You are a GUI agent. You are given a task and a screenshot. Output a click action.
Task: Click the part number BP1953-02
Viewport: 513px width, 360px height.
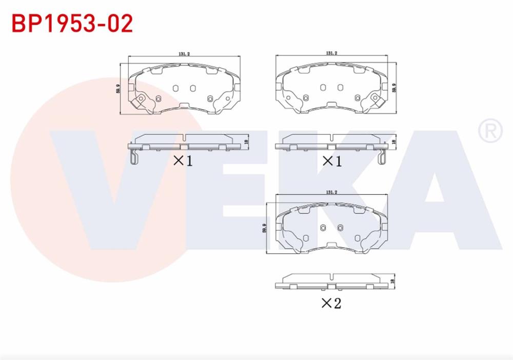click(72, 23)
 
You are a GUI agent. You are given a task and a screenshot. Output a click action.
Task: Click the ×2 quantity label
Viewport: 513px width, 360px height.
click(331, 303)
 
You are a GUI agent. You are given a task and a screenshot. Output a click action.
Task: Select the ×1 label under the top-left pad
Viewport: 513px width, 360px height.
click(183, 161)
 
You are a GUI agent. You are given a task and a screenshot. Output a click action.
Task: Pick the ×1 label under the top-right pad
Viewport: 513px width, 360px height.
click(331, 161)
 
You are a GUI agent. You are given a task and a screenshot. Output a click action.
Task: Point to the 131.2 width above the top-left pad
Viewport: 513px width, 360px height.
click(184, 53)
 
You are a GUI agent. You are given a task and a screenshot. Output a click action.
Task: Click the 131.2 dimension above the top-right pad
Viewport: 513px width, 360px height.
click(331, 53)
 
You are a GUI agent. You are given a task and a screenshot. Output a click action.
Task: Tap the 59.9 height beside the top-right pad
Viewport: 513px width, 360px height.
click(394, 88)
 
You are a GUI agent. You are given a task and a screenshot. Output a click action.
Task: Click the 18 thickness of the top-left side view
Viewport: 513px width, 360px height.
click(248, 143)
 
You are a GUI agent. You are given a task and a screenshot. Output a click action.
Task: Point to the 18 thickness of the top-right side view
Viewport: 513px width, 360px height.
click(394, 142)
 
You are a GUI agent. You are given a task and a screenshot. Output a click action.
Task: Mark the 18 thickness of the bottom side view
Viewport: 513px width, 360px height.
click(393, 281)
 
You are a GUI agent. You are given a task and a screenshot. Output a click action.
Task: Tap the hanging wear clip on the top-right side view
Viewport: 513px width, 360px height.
click(381, 158)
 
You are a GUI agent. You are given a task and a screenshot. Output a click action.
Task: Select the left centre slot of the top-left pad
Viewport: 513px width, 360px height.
click(175, 88)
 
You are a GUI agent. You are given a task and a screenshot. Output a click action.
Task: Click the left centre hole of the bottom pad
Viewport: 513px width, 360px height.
click(323, 228)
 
